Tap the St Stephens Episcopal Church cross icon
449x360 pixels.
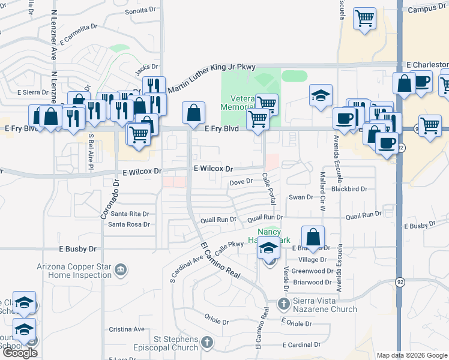[x=206, y=343]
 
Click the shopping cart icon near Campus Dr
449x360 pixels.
[x=364, y=20]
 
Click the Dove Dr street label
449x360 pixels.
[x=242, y=182]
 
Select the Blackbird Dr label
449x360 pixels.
[x=349, y=188]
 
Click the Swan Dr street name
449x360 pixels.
[x=301, y=197]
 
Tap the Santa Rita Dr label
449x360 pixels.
[x=128, y=214]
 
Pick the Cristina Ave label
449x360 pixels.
[x=127, y=329]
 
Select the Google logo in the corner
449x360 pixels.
[x=19, y=353]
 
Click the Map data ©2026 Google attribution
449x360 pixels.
[x=412, y=355]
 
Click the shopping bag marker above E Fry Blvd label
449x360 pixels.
[x=194, y=112]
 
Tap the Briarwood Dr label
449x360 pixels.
[x=312, y=282]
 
